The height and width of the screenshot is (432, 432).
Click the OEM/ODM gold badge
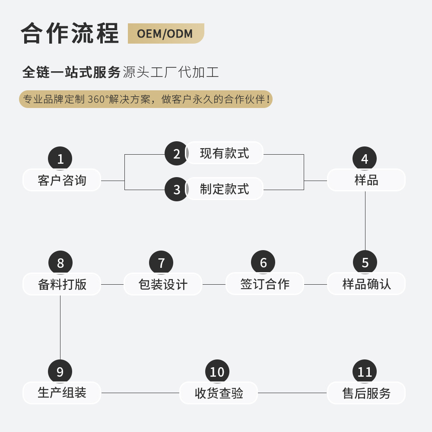point(165,34)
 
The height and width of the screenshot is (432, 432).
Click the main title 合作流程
point(70,33)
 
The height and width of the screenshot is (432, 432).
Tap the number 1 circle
point(60,159)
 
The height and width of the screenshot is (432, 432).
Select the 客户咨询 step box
point(62,180)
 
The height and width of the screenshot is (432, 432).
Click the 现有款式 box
point(224,153)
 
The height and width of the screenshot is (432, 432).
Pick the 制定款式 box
point(224,189)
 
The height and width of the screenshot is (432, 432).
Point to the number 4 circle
point(365,159)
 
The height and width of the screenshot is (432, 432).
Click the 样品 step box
point(366,180)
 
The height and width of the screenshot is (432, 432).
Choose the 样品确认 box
point(366,284)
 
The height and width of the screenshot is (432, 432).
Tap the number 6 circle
point(263,262)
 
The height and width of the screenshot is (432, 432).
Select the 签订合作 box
point(265,284)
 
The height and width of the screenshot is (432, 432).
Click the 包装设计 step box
point(163,284)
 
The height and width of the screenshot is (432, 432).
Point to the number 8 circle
point(60,262)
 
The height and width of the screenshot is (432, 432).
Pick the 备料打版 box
point(62,284)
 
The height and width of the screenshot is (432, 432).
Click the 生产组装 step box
point(62,393)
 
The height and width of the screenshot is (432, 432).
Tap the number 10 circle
point(217,372)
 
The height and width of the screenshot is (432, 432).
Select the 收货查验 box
point(219,393)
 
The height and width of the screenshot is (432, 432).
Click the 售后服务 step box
point(366,393)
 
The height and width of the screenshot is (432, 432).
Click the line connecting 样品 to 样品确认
point(365,220)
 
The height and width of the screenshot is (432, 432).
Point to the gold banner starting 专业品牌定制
point(146,99)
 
